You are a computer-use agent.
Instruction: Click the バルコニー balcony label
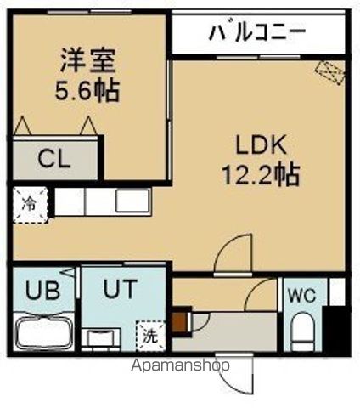tap(256, 35)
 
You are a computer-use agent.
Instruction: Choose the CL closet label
tap(54, 159)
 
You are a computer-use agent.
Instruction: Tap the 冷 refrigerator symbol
tap(30, 205)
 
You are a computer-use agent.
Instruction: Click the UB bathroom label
tap(42, 291)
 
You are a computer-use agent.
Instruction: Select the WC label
tap(303, 297)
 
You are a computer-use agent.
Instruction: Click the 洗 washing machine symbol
tap(150, 334)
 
